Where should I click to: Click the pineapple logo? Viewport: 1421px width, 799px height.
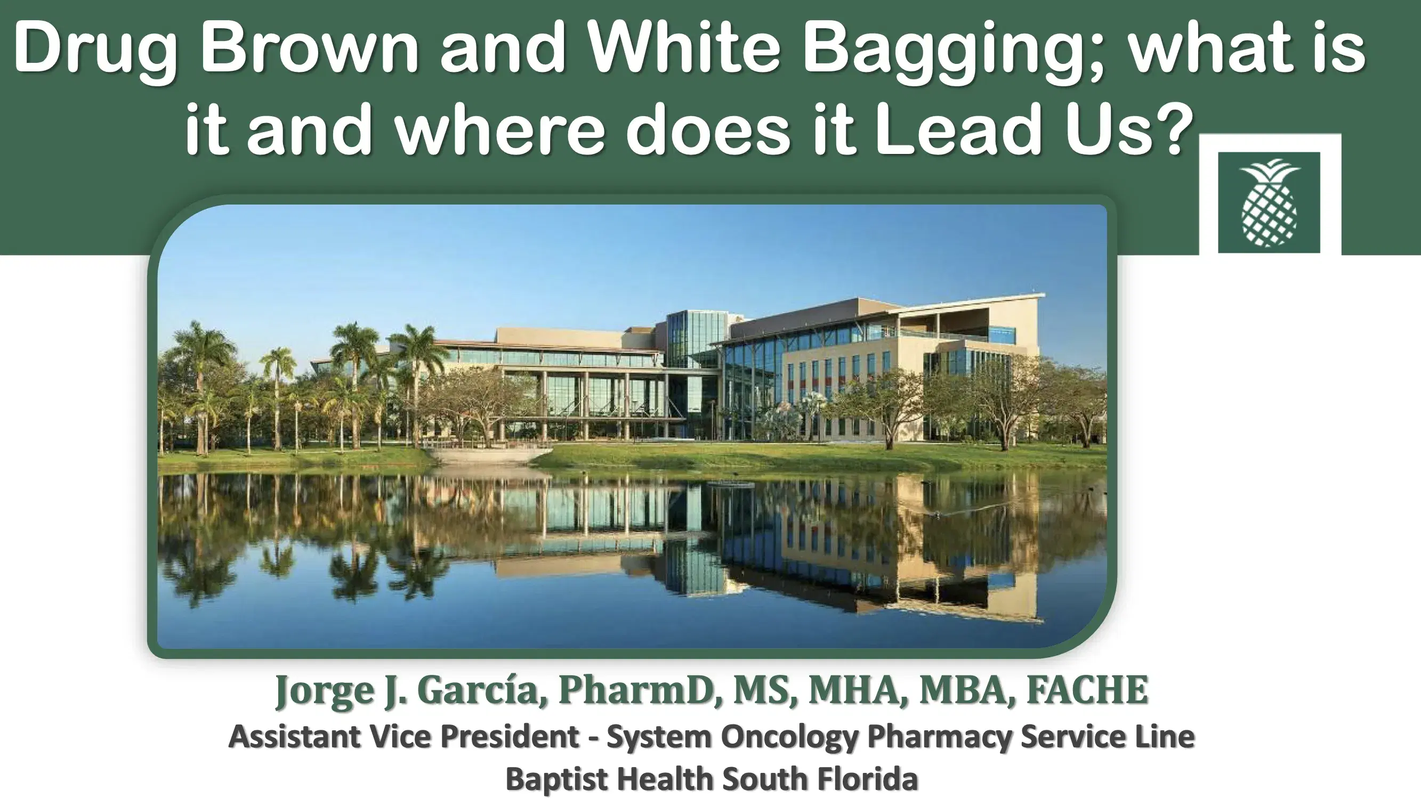point(1269,202)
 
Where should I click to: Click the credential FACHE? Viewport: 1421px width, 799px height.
point(1087,689)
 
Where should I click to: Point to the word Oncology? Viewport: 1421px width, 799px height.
point(789,737)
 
